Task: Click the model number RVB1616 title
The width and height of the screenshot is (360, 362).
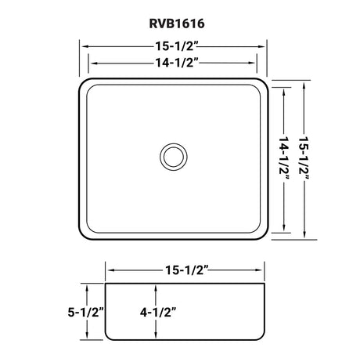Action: click(x=177, y=24)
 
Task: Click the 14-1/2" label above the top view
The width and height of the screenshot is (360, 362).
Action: click(x=177, y=63)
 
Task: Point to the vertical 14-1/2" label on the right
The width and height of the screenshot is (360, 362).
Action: click(x=284, y=158)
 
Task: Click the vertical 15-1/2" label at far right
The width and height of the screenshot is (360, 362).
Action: click(x=304, y=158)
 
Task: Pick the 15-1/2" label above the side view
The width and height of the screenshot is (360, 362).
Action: click(x=187, y=270)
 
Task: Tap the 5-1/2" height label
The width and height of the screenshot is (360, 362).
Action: click(x=86, y=312)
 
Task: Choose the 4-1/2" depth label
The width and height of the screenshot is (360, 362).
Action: click(x=158, y=312)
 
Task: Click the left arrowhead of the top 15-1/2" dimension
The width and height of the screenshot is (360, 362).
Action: click(x=85, y=46)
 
